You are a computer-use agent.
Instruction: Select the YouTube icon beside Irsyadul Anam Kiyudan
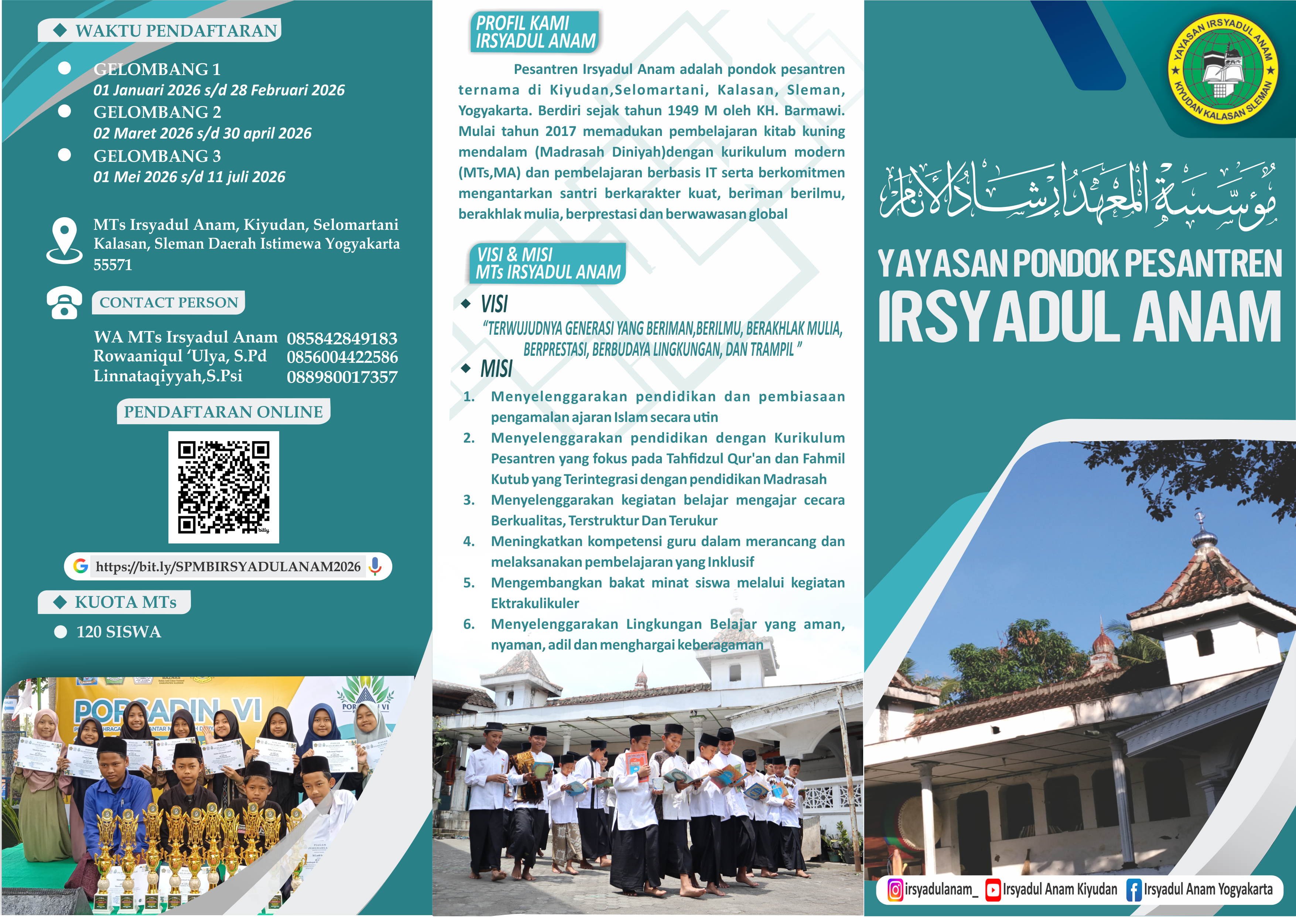coord(993,890)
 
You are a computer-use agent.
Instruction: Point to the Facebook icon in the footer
coord(1133,890)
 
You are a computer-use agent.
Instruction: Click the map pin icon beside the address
coord(64,240)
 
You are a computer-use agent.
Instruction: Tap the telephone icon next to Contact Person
coord(64,303)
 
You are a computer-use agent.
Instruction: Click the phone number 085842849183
coord(342,338)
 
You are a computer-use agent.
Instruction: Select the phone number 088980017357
coord(342,376)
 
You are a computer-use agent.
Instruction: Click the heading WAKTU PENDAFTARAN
coord(176,31)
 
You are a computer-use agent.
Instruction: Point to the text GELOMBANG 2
coord(157,112)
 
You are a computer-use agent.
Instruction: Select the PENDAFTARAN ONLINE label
coord(223,412)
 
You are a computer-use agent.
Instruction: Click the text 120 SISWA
coord(119,631)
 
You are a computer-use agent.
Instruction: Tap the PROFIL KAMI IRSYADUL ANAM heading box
coord(534,32)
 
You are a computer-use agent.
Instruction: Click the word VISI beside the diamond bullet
coord(495,304)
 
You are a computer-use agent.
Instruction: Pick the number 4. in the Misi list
coord(469,541)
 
